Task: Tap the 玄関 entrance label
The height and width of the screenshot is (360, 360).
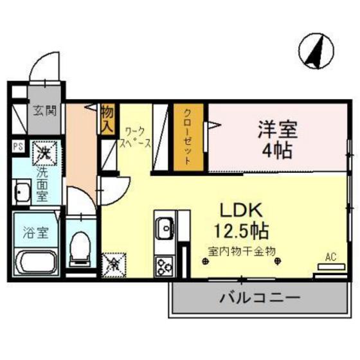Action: click(x=45, y=110)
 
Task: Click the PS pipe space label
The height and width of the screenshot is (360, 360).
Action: click(x=18, y=147)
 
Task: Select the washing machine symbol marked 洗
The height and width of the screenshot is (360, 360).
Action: click(x=45, y=152)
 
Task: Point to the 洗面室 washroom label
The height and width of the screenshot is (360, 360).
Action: click(x=42, y=184)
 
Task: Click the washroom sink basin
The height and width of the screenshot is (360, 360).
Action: click(x=21, y=192)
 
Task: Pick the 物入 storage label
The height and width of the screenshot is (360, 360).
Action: click(x=108, y=118)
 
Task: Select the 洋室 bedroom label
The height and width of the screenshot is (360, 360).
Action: click(x=277, y=129)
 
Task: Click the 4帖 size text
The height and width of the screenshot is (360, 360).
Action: click(x=278, y=152)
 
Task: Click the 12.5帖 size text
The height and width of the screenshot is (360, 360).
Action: click(x=240, y=230)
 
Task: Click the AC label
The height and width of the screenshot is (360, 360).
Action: click(x=330, y=257)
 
